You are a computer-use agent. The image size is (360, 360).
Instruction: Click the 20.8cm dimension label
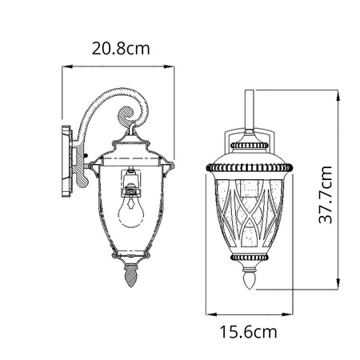click(121, 49)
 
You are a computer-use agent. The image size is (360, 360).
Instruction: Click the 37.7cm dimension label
click(326, 194)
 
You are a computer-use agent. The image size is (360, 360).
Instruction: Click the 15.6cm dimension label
click(248, 332)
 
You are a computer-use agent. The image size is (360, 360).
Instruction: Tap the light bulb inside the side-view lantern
click(130, 210)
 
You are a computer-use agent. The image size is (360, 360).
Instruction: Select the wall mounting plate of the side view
click(67, 162)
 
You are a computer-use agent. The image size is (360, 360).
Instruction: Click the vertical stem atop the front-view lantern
click(249, 110)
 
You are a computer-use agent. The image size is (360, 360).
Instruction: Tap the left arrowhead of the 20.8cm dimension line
click(67, 66)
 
